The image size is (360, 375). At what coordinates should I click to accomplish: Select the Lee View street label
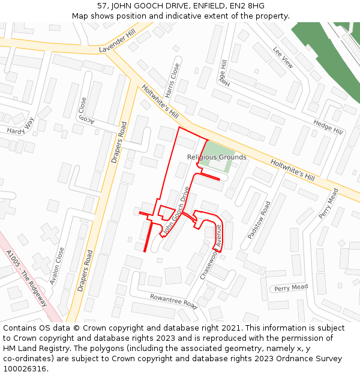(x=283, y=57)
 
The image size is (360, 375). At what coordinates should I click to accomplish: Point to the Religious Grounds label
(x=217, y=157)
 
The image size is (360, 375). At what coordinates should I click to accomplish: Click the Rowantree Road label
(x=173, y=301)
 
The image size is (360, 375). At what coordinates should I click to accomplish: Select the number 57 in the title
(x=103, y=6)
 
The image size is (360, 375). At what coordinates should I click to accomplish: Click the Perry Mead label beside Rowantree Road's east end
(x=290, y=288)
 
